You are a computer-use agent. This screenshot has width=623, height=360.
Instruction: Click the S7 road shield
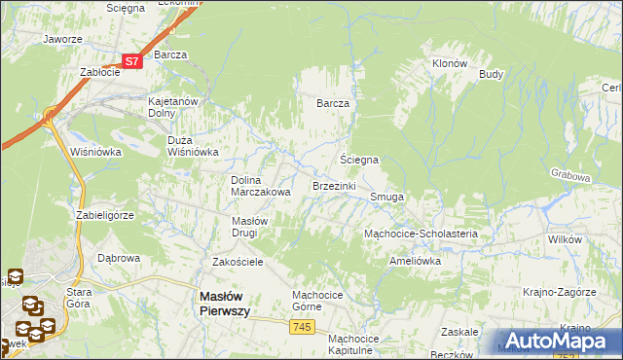tap(134, 60)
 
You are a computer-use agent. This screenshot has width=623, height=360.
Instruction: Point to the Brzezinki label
tap(334, 186)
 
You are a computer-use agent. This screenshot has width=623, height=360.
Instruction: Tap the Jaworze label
tap(61, 40)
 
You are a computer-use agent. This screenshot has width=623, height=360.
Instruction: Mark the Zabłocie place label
tap(99, 72)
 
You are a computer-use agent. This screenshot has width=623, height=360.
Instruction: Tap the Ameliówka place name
tap(415, 261)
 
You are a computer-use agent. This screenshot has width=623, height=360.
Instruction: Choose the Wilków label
tap(565, 238)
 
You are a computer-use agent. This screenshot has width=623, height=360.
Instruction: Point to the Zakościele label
tap(238, 263)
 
